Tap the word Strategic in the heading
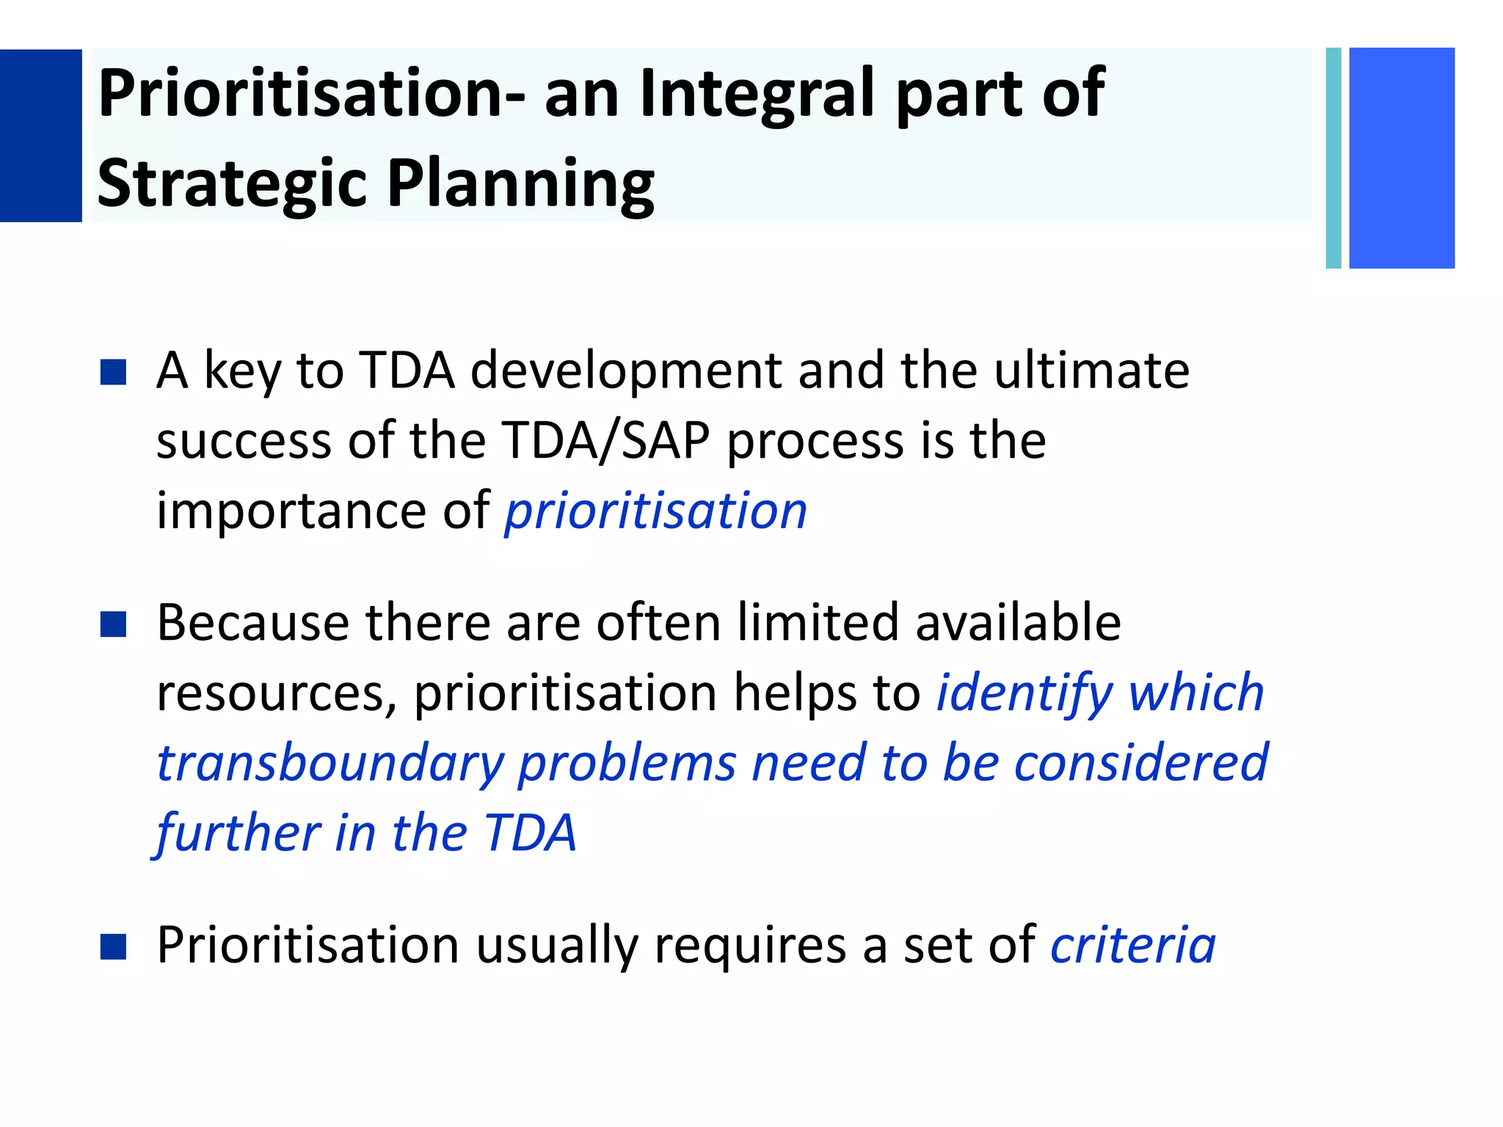pos(231,183)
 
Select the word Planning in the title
pos(520,183)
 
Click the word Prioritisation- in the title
pos(312,94)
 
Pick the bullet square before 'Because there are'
pos(113,624)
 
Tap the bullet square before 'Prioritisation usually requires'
pos(113,947)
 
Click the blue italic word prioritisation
pos(655,511)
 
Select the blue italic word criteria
pos(1132,946)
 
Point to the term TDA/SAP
pos(606,442)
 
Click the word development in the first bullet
pos(625,372)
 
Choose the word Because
pos(252,623)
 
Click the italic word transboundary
pos(330,765)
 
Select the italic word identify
pos(1024,694)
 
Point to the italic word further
pos(237,834)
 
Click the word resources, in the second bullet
pos(277,695)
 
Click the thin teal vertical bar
pos(1333,158)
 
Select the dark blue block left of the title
pos(40,136)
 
